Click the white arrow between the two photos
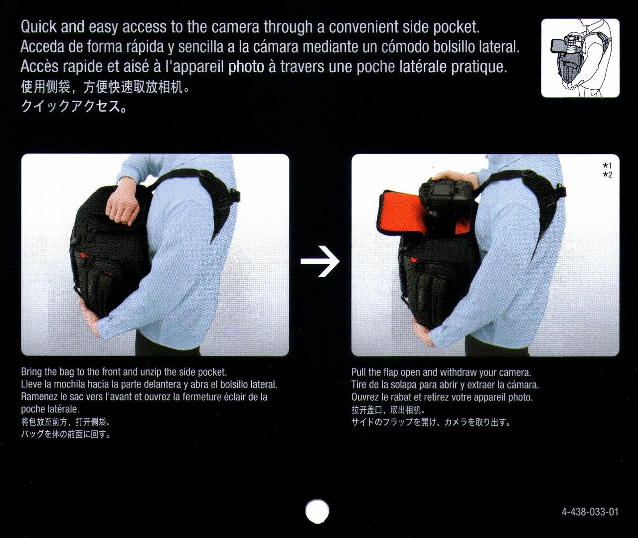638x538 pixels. click(320, 261)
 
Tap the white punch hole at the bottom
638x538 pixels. click(317, 511)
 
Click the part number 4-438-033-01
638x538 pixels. click(590, 512)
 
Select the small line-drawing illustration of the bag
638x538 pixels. click(580, 58)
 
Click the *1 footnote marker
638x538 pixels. click(607, 166)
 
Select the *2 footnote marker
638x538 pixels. click(607, 175)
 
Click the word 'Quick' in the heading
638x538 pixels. click(38, 27)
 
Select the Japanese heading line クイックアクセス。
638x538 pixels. click(74, 107)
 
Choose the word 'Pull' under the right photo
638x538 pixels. click(359, 372)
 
